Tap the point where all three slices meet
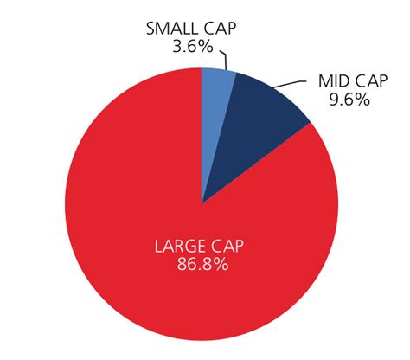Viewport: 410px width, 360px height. pyautogui.click(x=202, y=203)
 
